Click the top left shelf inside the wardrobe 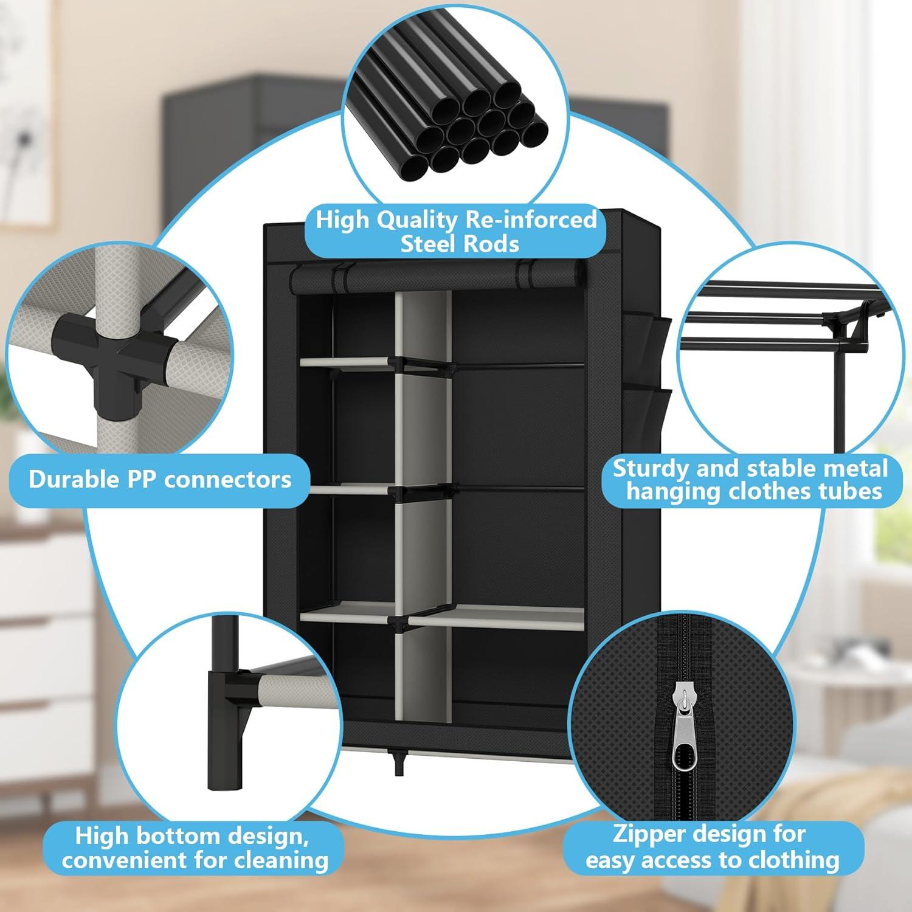tap(347, 362)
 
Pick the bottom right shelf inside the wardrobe tap(496, 619)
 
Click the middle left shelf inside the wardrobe tap(347, 488)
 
